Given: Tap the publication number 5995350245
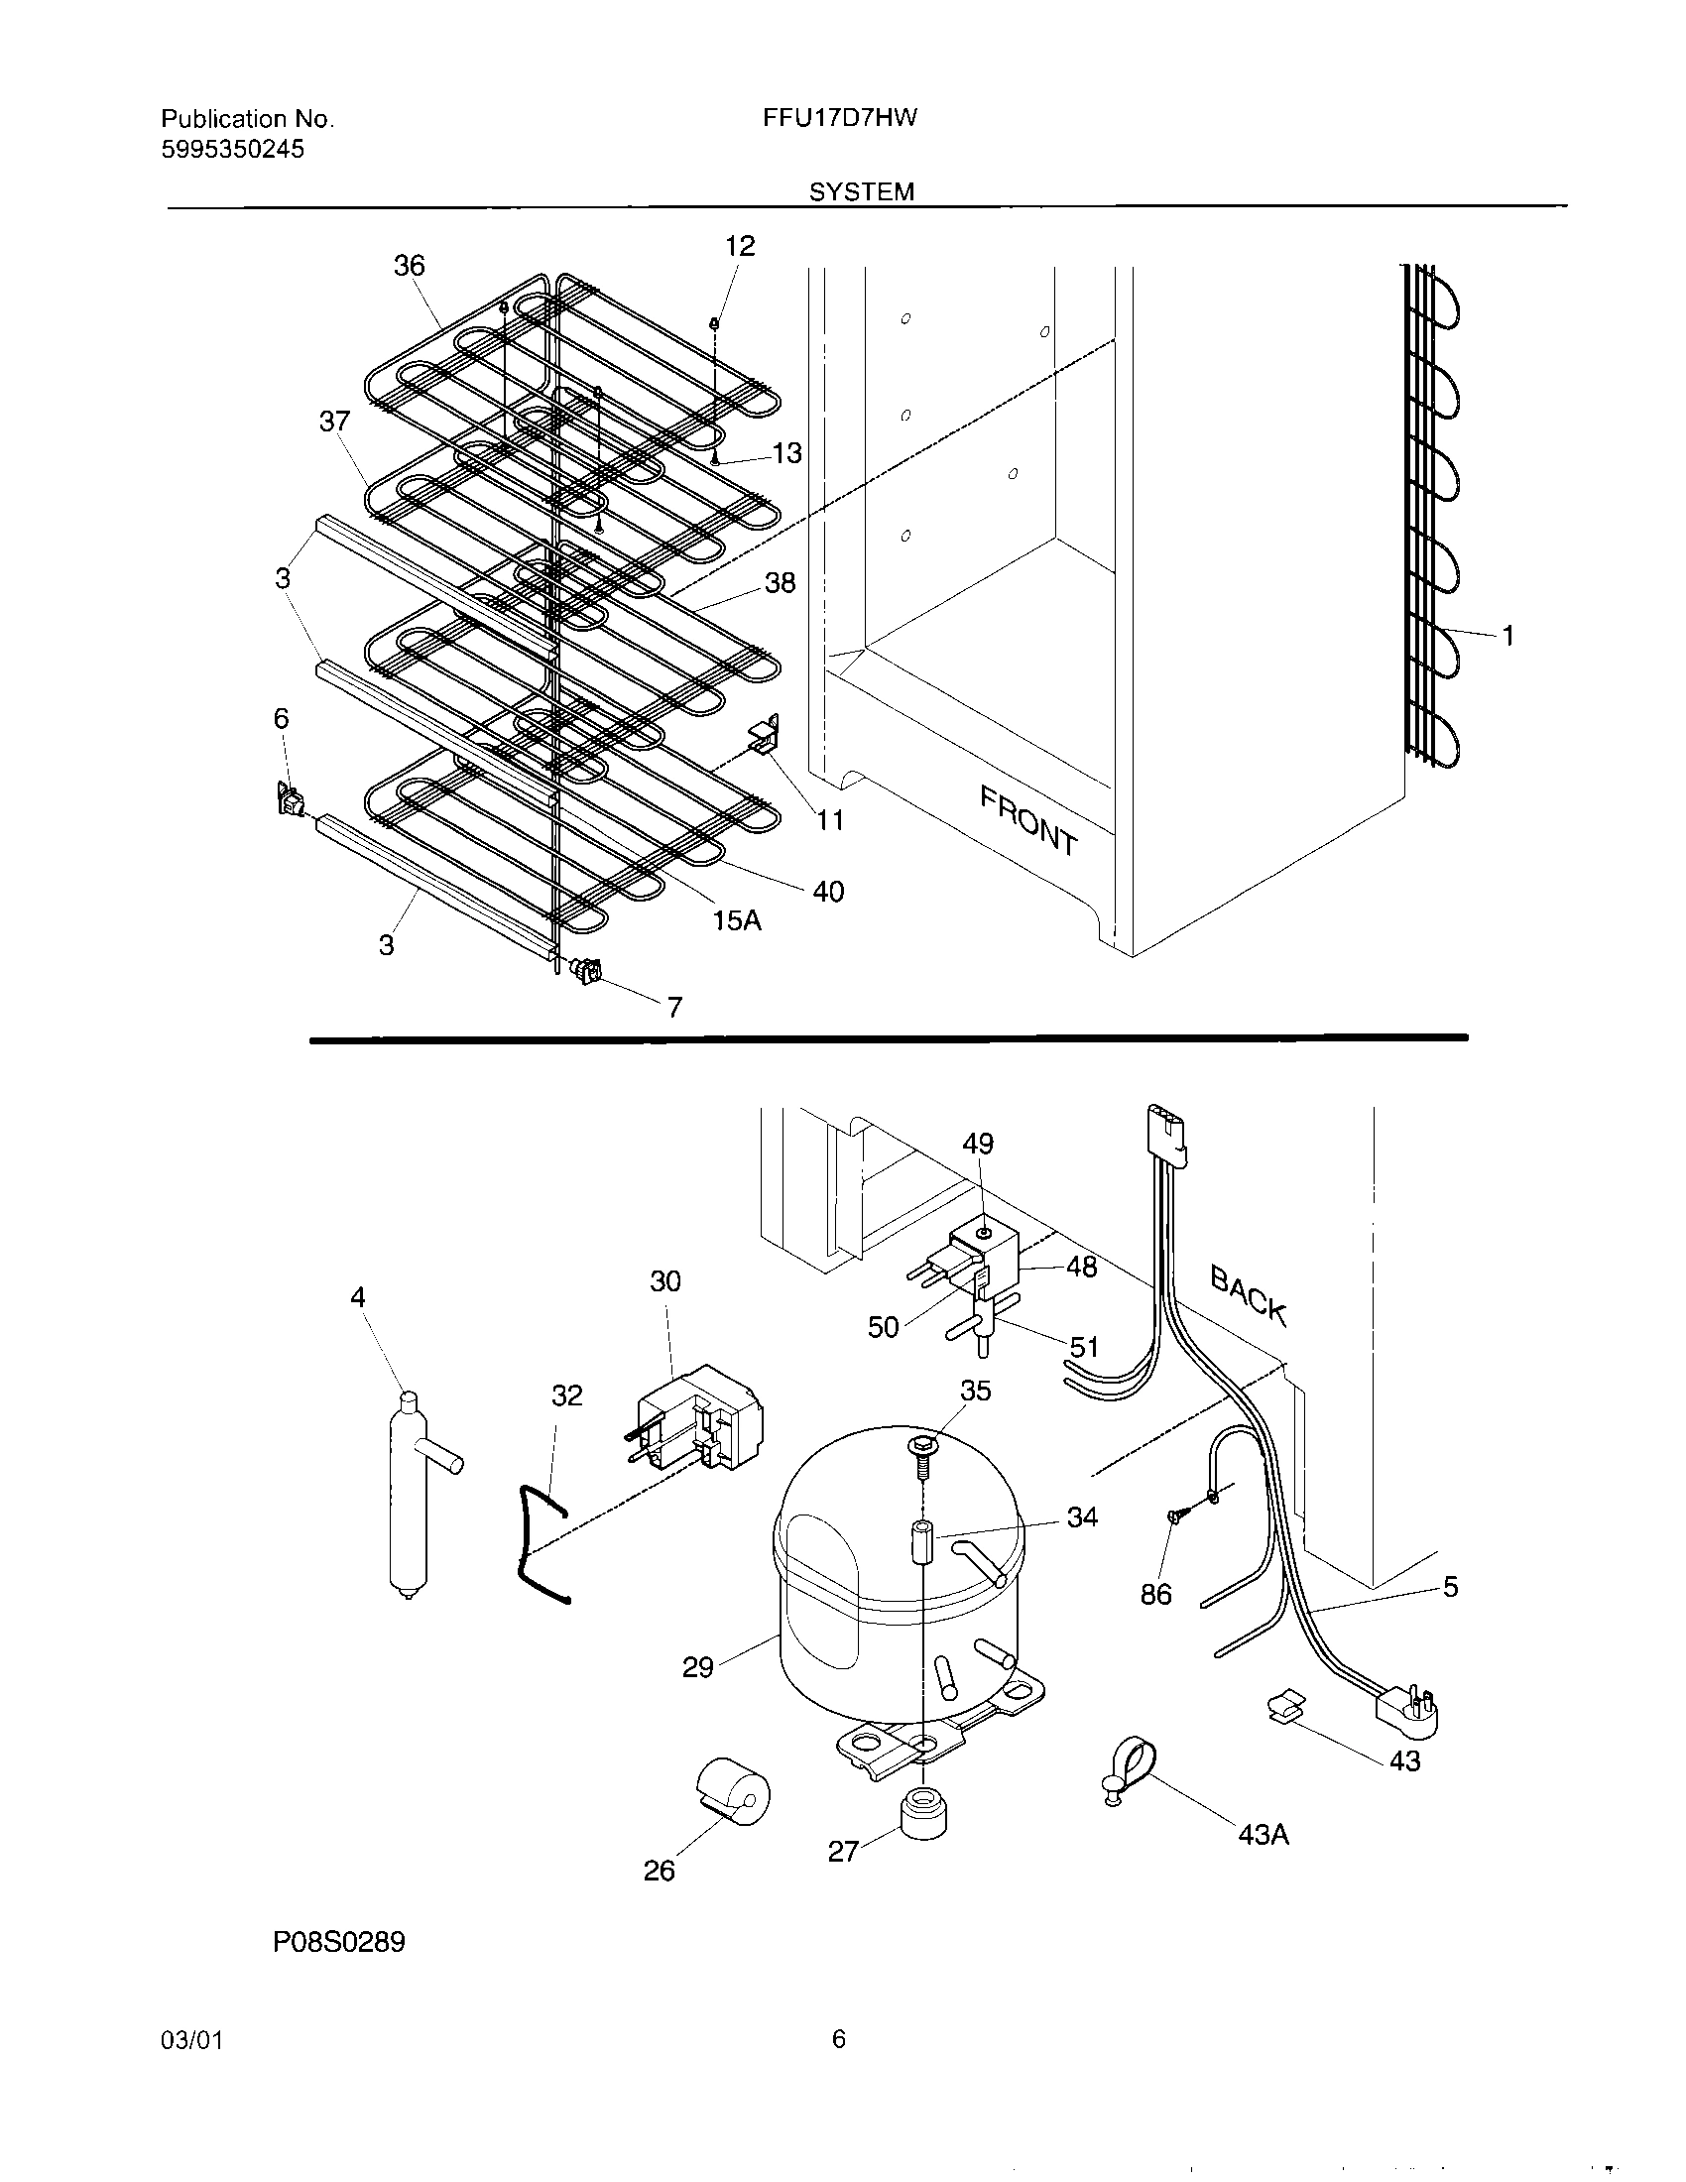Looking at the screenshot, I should point(233,150).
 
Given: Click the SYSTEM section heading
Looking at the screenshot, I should point(861,191).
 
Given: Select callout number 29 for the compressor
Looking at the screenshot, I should point(697,1666).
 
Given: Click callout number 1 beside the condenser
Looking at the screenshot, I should point(1507,636).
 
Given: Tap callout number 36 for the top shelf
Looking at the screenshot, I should point(409,266).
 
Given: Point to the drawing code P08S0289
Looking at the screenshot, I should point(338,1943).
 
